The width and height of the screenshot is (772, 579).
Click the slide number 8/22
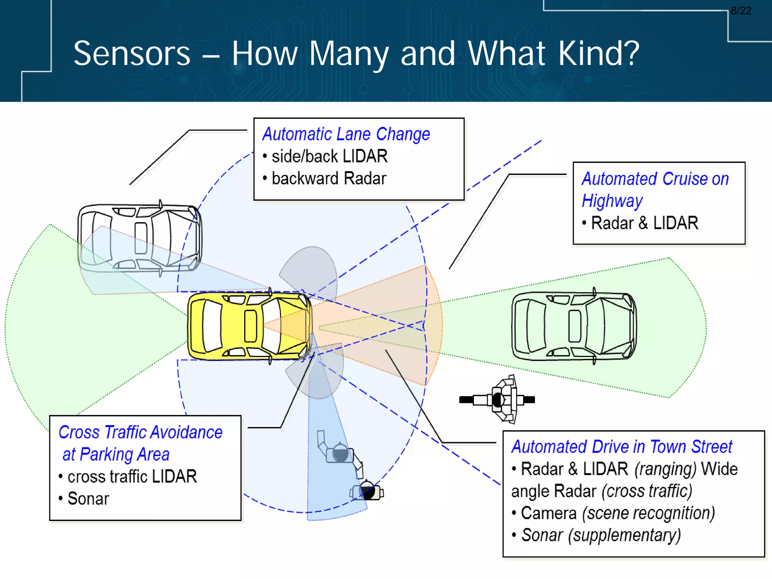click(741, 11)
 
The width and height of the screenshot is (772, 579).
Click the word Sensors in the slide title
click(132, 54)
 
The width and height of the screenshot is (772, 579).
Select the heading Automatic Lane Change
click(346, 134)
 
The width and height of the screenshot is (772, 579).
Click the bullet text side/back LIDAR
click(329, 156)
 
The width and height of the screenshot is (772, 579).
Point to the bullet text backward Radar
click(329, 178)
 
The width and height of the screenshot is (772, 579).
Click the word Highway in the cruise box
click(612, 201)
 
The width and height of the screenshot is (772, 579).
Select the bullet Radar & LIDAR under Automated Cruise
click(645, 223)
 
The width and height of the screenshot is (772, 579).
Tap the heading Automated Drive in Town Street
click(622, 447)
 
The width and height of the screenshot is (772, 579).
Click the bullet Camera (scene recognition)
click(617, 513)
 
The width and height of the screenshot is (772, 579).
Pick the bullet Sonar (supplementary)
click(601, 535)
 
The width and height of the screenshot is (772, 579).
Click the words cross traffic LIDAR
click(132, 476)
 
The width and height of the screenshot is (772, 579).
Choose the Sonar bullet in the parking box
click(88, 499)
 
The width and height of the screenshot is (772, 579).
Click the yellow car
click(249, 326)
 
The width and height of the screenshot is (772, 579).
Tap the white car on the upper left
click(139, 238)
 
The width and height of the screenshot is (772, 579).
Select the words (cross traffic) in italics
click(647, 491)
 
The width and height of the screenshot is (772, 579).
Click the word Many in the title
click(349, 54)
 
